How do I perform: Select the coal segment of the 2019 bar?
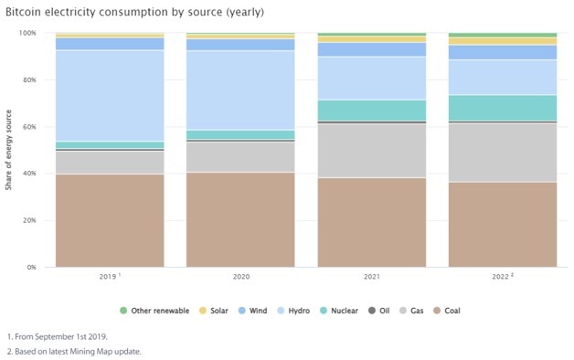tap(110, 220)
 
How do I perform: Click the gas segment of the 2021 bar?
tap(372, 150)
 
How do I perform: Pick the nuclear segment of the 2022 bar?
tap(503, 108)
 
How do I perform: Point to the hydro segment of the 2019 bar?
tap(110, 95)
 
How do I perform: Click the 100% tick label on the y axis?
tap(27, 33)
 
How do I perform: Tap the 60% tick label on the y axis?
tap(29, 127)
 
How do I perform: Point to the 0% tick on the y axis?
tap(31, 267)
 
